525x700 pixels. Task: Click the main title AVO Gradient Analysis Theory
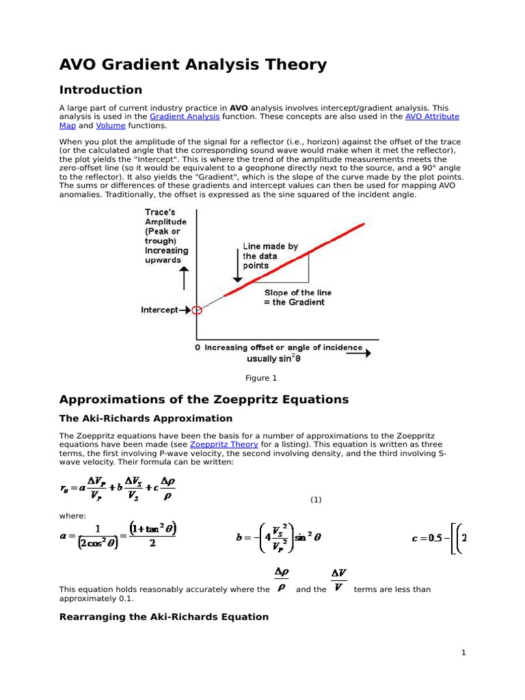193,65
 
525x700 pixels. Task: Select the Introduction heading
100,90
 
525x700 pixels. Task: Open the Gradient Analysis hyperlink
185,117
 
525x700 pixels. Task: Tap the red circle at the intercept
198,310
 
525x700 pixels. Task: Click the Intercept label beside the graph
159,310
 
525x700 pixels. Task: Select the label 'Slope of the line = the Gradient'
295,297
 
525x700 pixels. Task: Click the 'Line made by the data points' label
270,256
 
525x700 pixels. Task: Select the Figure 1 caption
262,378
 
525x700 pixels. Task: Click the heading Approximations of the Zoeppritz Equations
204,399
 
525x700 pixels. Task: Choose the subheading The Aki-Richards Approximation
146,418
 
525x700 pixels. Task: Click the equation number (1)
315,500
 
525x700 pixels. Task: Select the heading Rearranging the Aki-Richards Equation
164,617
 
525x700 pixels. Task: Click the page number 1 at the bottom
463,653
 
